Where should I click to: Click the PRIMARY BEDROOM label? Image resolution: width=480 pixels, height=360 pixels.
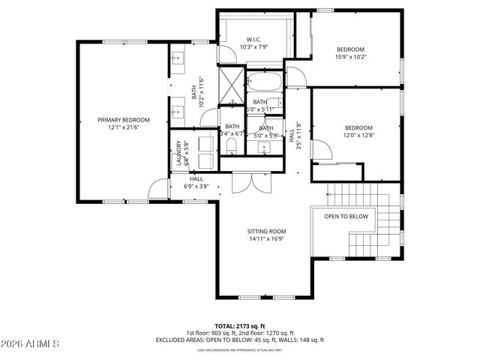point(124,120)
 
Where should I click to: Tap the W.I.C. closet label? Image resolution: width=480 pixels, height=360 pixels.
point(253,39)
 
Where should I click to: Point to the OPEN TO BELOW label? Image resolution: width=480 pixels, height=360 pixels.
point(346,216)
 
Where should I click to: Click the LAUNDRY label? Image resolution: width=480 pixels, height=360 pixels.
point(179,154)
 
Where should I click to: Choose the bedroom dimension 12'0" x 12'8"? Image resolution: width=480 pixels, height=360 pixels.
point(358,136)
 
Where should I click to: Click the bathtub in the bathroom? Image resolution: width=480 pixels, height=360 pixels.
point(263,82)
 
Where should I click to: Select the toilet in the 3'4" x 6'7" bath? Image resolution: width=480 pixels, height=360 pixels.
point(232,145)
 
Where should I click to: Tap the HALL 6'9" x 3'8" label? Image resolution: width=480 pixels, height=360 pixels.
point(196,182)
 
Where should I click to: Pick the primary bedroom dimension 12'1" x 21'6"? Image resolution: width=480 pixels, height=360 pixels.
point(124,127)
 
